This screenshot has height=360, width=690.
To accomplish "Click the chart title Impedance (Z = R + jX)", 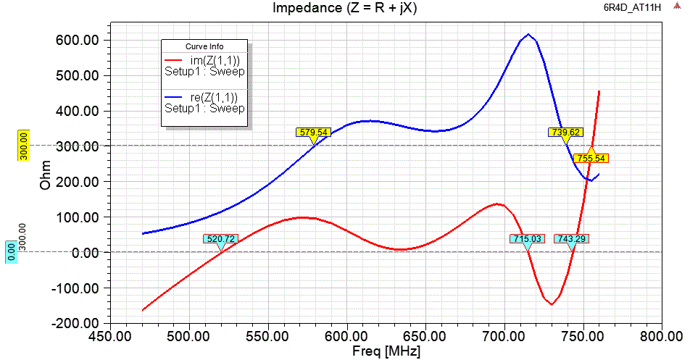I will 344,9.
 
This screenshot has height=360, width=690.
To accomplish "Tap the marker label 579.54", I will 313,133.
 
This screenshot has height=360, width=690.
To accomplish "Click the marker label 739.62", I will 565,133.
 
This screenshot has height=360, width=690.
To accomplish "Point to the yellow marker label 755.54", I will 591,158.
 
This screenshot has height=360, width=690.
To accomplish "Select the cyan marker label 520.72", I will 220,238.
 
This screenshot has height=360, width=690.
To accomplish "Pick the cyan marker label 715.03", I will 527,238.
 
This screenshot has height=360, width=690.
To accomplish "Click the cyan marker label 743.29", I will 571,238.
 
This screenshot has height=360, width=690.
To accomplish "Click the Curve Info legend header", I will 205,46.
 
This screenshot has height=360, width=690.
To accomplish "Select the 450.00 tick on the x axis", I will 110,337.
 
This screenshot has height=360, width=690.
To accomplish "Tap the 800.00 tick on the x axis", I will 662,337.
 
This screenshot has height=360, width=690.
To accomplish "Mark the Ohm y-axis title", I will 46,182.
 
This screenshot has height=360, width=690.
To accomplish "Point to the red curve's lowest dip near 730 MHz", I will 552,304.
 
